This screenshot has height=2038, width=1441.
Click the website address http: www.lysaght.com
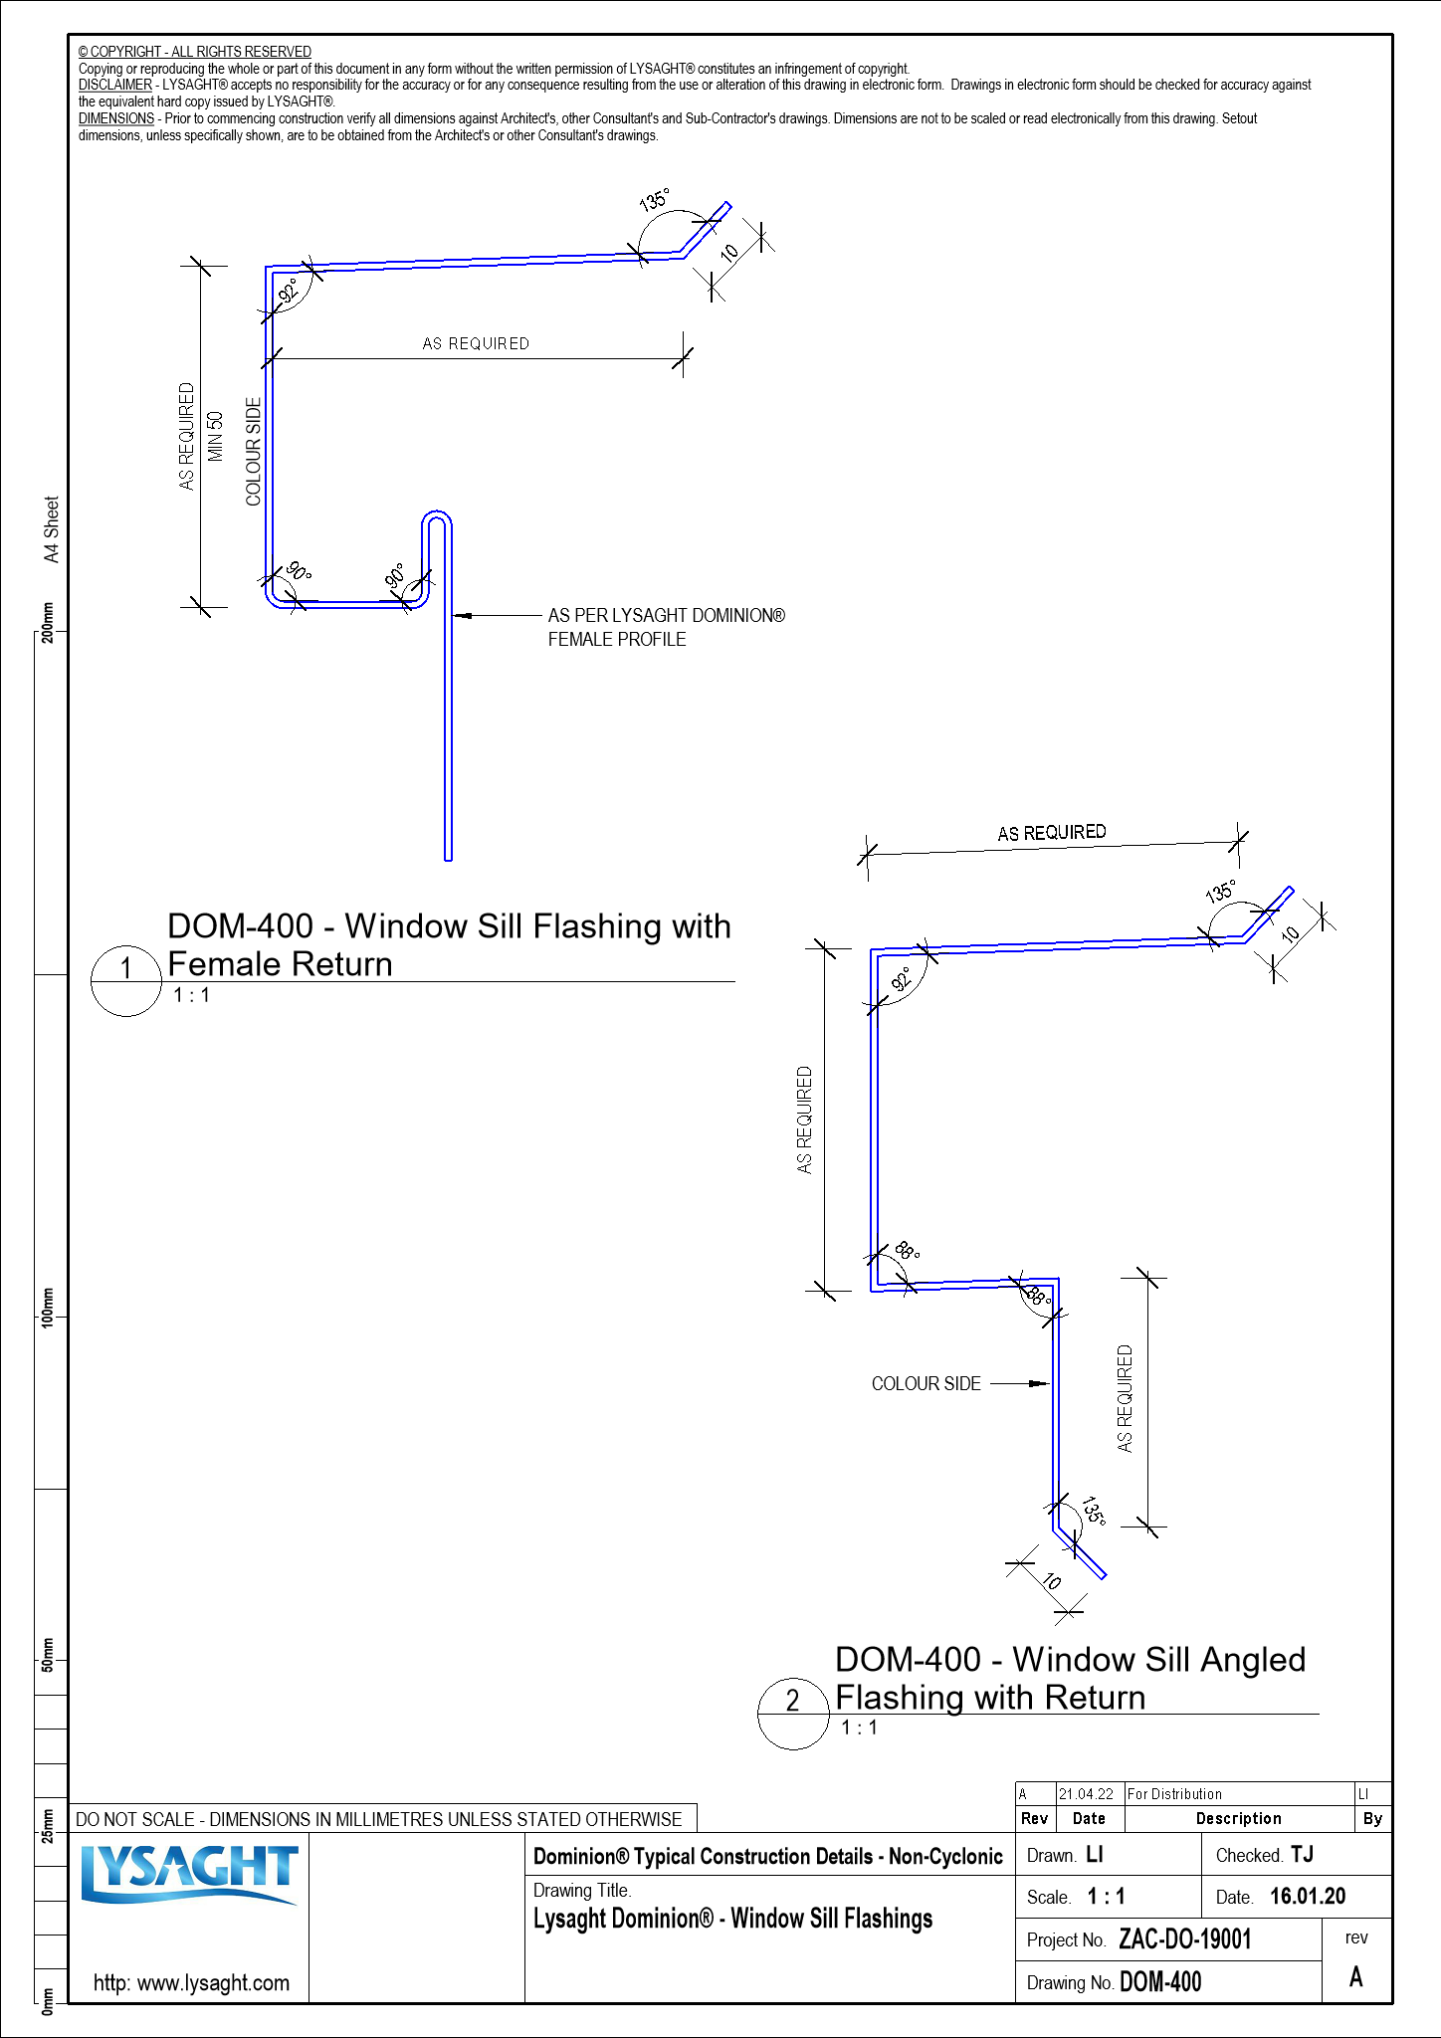[x=191, y=1982]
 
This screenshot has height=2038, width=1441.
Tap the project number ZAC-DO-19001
[x=1184, y=1938]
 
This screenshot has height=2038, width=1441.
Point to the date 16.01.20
[x=1307, y=1896]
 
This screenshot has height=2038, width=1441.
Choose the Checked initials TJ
[x=1302, y=1854]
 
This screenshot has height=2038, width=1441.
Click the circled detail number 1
[x=126, y=968]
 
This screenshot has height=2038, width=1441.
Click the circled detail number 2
[x=793, y=1701]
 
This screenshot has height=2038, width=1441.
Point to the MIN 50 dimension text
[x=216, y=436]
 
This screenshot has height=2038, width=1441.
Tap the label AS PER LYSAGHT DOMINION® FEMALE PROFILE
[x=665, y=627]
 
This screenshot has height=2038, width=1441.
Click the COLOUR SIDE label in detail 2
[x=926, y=1383]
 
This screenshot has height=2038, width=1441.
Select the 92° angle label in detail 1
[x=289, y=291]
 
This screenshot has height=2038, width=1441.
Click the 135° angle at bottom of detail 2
[x=1093, y=1510]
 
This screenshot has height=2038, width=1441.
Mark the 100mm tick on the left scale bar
[x=46, y=1318]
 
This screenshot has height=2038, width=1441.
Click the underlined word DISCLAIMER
[x=115, y=85]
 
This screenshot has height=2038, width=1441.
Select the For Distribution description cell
[x=1174, y=1793]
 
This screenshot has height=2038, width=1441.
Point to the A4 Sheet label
[x=52, y=529]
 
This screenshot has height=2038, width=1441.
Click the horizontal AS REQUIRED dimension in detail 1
[x=476, y=343]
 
